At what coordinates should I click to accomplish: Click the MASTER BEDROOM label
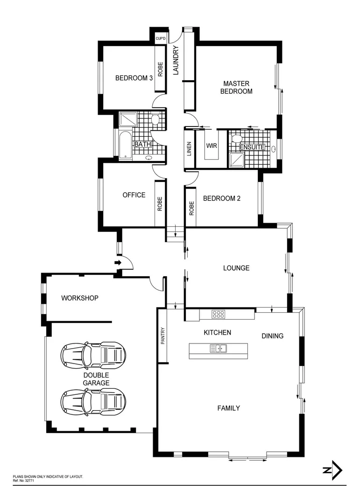[236, 87]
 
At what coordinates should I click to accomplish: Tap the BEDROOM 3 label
[134, 78]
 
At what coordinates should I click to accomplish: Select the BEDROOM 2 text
[222, 198]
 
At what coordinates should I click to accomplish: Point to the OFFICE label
[134, 195]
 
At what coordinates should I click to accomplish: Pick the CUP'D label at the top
[161, 38]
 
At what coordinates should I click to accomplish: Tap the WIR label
[212, 146]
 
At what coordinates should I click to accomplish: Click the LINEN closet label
[190, 148]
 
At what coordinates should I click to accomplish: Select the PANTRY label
[163, 335]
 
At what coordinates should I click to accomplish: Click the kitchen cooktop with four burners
[218, 314]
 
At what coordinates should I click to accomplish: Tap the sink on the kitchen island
[218, 348]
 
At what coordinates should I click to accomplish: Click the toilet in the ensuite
[237, 139]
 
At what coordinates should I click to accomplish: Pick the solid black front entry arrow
[118, 263]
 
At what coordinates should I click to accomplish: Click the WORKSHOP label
[80, 298]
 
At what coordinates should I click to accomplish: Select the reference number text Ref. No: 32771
[23, 480]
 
